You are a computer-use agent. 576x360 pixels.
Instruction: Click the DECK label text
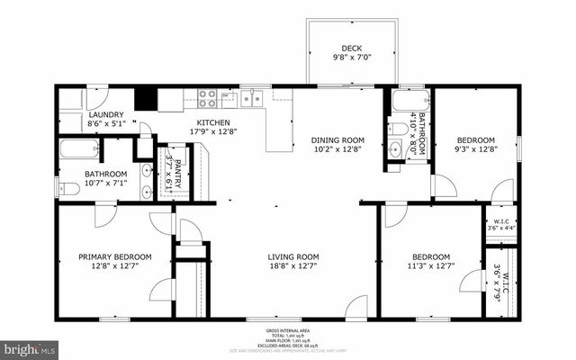(351, 49)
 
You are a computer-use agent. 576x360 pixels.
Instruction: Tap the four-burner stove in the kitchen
(205, 97)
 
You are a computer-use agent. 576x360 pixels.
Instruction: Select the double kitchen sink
(252, 97)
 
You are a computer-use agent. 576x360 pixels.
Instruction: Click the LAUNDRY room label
(105, 115)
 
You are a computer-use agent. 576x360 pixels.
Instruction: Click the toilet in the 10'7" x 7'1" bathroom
(63, 188)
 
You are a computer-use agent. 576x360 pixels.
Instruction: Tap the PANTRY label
(177, 167)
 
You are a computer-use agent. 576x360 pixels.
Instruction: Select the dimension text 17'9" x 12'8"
(213, 131)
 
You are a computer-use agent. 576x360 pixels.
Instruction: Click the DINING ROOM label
(337, 139)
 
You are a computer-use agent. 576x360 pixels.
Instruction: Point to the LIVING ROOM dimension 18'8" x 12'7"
(293, 265)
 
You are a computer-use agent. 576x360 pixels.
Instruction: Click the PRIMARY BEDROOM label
(114, 256)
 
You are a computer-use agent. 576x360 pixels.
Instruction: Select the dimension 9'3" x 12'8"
(474, 149)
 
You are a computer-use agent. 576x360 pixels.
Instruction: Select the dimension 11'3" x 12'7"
(431, 265)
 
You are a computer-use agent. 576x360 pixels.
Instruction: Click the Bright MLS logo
(30, 346)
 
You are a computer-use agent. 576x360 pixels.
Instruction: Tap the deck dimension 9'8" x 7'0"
(351, 58)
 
